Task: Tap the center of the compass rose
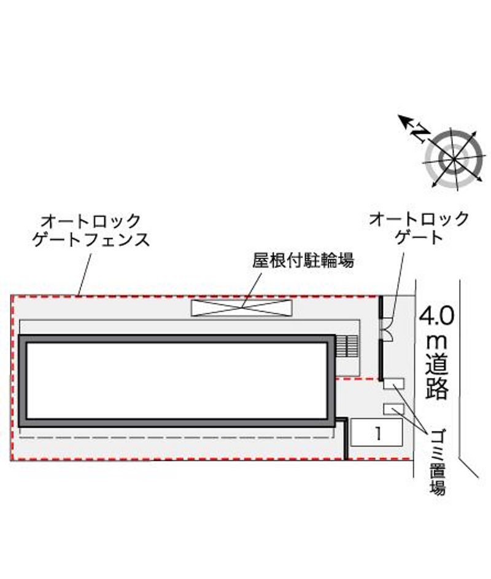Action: pyautogui.click(x=454, y=159)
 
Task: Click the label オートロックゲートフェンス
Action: pyautogui.click(x=91, y=230)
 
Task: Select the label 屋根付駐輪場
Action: pyautogui.click(x=303, y=260)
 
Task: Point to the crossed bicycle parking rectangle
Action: pyautogui.click(x=241, y=307)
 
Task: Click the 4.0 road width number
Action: pyautogui.click(x=436, y=316)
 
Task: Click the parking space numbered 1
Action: pyautogui.click(x=376, y=432)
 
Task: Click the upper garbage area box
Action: pyautogui.click(x=393, y=384)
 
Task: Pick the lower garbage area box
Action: pyautogui.click(x=393, y=409)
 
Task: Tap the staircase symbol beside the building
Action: pyautogui.click(x=347, y=346)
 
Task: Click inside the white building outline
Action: pyautogui.click(x=177, y=380)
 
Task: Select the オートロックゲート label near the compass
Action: pyautogui.click(x=419, y=229)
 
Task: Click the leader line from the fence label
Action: pyautogui.click(x=85, y=274)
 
